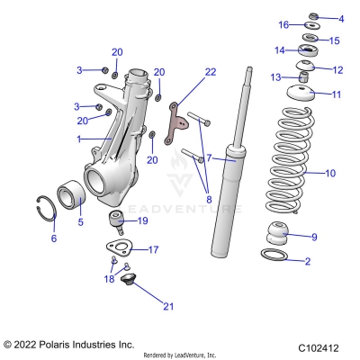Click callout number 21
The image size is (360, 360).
point(167,307)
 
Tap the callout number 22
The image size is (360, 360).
point(211,72)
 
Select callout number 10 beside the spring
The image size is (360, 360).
point(329,172)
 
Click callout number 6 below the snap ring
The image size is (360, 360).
point(53,238)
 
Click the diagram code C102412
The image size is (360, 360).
point(319,346)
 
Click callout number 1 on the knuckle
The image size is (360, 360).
point(79,139)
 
